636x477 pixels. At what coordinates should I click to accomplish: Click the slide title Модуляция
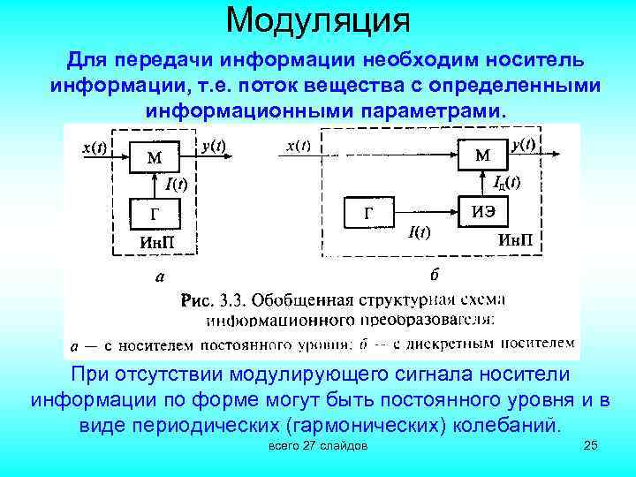318,19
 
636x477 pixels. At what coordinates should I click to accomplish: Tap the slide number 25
591,447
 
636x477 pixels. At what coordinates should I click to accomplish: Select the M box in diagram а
154,159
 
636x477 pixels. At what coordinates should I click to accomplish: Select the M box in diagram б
484,155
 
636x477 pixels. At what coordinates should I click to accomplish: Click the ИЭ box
483,211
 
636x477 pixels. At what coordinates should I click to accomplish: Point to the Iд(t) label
507,183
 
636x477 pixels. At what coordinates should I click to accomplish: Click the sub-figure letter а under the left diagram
159,277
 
